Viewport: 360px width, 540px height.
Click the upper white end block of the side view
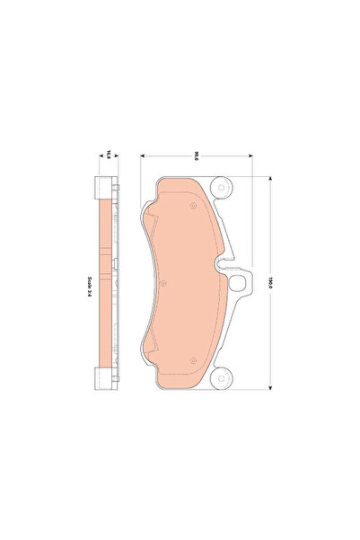(107, 190)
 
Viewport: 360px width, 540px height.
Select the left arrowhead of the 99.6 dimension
(141, 154)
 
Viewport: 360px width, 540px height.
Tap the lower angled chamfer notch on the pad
(151, 351)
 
